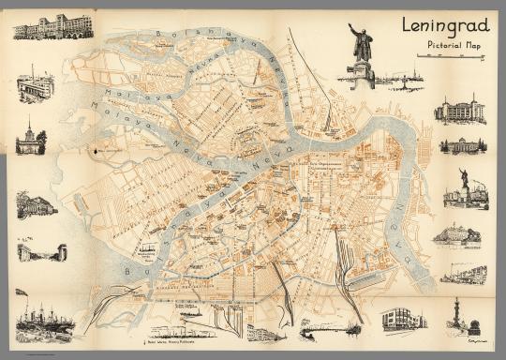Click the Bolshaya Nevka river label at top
197,39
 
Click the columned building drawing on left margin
37,205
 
